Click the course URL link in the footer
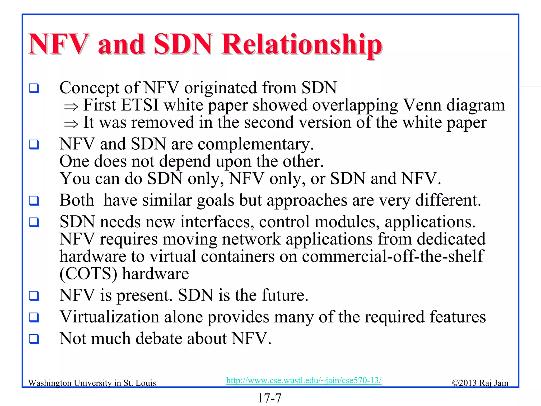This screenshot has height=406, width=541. tap(304, 380)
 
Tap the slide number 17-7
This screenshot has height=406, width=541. tap(269, 398)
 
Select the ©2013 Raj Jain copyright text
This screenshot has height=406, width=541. tap(480, 383)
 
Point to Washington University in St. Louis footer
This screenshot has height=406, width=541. tap(92, 383)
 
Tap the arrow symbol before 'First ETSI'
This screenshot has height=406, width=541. tap(71, 107)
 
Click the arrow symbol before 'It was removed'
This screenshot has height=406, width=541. tap(71, 124)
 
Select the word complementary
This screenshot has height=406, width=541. tap(255, 144)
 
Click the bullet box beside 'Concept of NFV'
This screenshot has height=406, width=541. tap(34, 88)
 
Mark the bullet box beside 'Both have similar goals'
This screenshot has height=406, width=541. tap(34, 201)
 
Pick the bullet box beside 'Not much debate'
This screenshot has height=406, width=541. tap(34, 339)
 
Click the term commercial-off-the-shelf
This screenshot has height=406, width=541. tap(393, 256)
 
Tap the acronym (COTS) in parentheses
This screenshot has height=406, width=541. tap(88, 274)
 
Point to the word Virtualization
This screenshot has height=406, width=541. tap(109, 317)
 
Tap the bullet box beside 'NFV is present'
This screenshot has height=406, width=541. tap(34, 296)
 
